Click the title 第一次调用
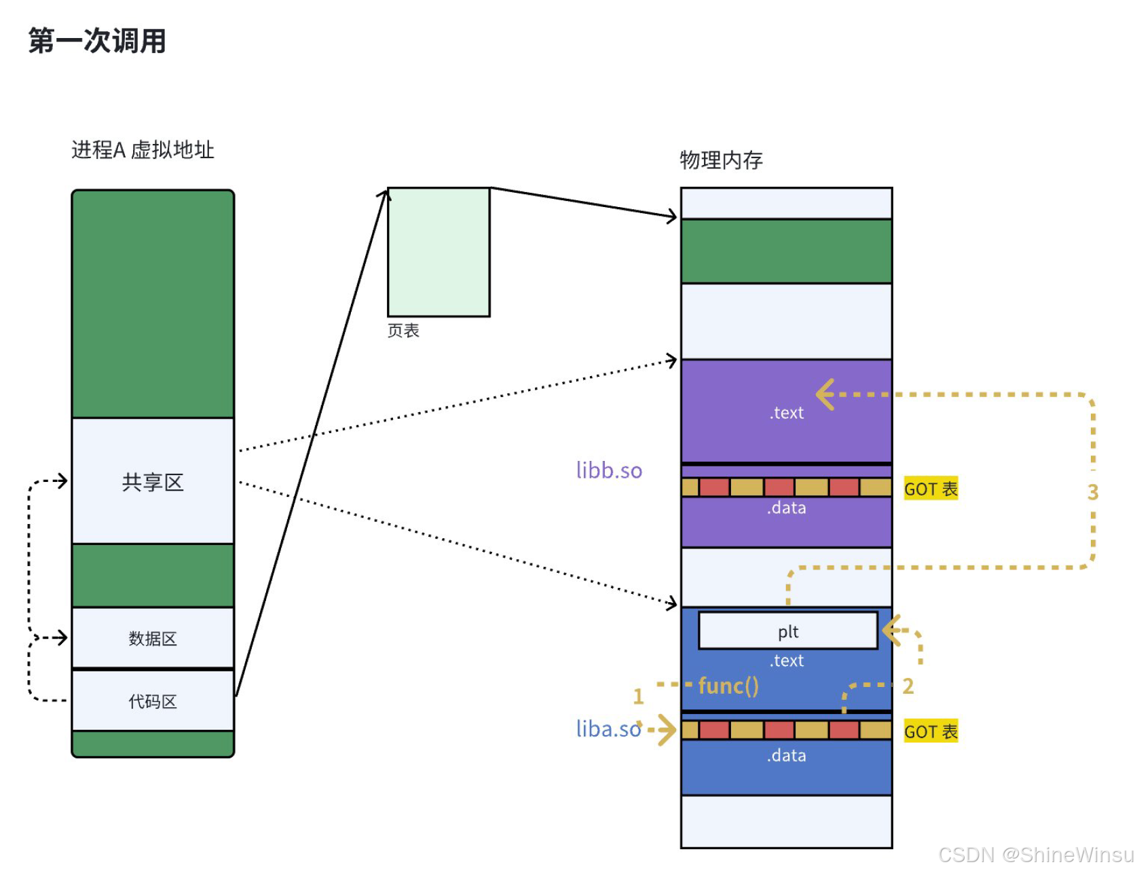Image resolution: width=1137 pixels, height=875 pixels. [x=97, y=41]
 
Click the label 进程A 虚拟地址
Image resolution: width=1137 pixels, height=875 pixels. [x=143, y=150]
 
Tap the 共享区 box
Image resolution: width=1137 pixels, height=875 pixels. [x=153, y=481]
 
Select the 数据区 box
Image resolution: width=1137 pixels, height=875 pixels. [x=153, y=638]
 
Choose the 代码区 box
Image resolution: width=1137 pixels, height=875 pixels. [x=153, y=701]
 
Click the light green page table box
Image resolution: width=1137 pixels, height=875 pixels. [x=439, y=252]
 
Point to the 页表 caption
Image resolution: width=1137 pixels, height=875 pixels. [x=403, y=331]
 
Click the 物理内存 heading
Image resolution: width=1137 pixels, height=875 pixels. [x=721, y=160]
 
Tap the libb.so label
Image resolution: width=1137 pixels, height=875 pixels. [x=609, y=470]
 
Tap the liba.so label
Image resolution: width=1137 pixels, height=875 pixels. [x=608, y=729]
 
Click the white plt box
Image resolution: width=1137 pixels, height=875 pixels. [x=787, y=631]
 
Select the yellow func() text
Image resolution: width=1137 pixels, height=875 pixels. [x=728, y=686]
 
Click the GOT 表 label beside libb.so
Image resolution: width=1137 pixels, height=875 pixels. [x=931, y=489]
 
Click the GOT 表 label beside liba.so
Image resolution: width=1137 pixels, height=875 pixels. [x=931, y=732]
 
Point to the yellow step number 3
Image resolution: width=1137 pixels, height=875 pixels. [x=1092, y=492]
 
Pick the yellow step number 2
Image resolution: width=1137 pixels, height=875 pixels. [x=908, y=686]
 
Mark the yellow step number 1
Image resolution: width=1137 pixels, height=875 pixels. [x=638, y=696]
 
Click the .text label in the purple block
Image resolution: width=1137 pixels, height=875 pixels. [x=787, y=413]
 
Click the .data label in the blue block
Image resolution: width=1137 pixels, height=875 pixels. [x=787, y=756]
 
